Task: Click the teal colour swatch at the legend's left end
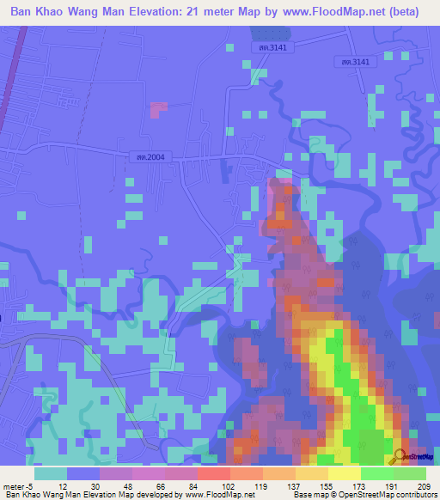click(x=51, y=473)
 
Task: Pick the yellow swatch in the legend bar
click(x=345, y=473)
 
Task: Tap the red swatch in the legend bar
click(x=214, y=473)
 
